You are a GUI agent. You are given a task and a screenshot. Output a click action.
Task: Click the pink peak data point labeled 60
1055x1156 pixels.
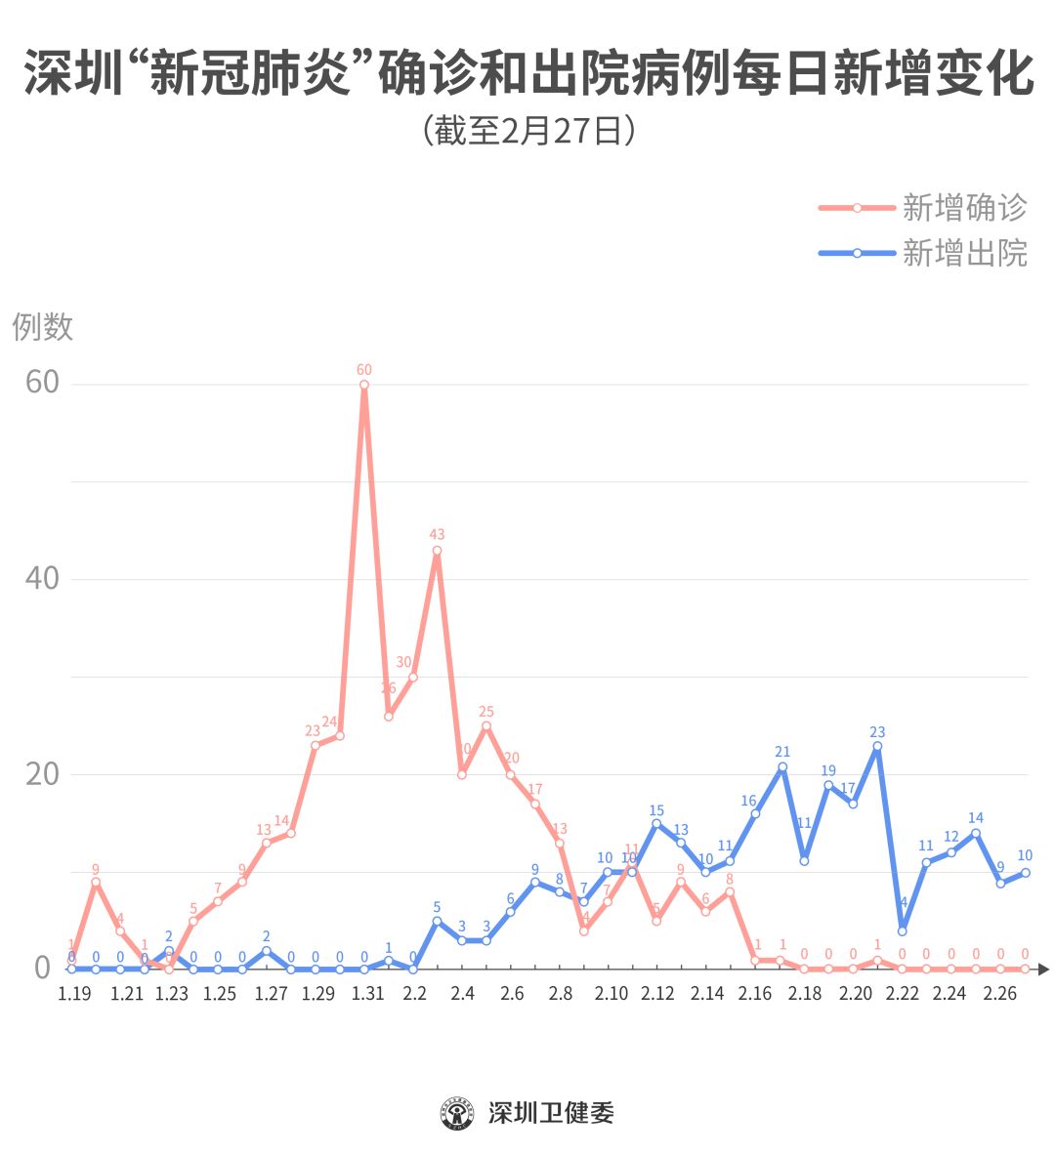(364, 385)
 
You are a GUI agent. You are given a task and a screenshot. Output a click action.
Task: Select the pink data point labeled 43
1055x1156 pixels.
(437, 551)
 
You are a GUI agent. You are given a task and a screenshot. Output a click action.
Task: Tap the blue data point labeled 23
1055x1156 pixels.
(877, 747)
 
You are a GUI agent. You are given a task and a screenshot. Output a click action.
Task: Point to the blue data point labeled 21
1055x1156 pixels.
(782, 767)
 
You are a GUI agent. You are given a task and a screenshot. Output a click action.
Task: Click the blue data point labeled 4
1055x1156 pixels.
(903, 930)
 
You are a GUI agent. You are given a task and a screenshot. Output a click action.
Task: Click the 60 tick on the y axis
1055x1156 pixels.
(42, 383)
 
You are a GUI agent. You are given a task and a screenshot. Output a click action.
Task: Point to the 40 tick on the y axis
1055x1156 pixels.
(42, 578)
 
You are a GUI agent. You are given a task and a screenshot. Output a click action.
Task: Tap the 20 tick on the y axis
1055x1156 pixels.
(42, 773)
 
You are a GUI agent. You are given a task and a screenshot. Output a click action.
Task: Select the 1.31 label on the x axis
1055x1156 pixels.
(367, 994)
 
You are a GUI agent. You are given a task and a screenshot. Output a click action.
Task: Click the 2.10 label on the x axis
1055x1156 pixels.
(611, 994)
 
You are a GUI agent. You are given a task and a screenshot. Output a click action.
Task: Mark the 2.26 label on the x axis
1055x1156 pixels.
(1000, 994)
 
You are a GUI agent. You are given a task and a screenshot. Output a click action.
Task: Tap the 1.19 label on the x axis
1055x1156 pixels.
(74, 994)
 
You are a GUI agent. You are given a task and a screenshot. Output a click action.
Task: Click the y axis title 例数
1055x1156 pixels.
(43, 327)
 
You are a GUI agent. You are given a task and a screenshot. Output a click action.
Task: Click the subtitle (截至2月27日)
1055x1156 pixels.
(528, 131)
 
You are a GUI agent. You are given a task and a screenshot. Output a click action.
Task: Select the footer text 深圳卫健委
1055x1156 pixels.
(551, 1113)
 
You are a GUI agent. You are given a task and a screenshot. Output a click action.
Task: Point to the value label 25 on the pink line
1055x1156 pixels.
(486, 712)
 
